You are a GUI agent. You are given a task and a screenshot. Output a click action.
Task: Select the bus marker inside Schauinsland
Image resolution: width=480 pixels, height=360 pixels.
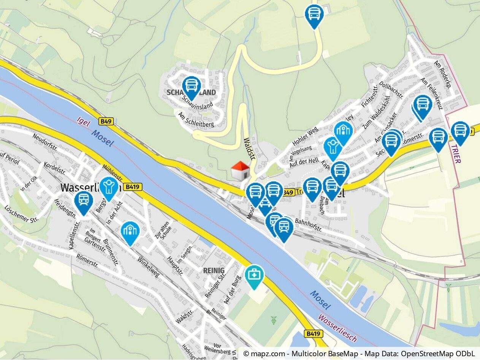coord(191,87)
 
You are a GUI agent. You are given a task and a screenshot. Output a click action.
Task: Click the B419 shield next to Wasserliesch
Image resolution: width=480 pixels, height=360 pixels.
coord(133,186)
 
